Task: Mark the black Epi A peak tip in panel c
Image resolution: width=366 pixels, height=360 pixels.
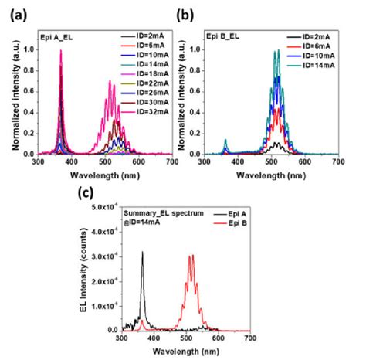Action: (x=142, y=252)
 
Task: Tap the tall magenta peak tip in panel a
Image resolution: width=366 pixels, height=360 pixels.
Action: (x=61, y=51)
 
